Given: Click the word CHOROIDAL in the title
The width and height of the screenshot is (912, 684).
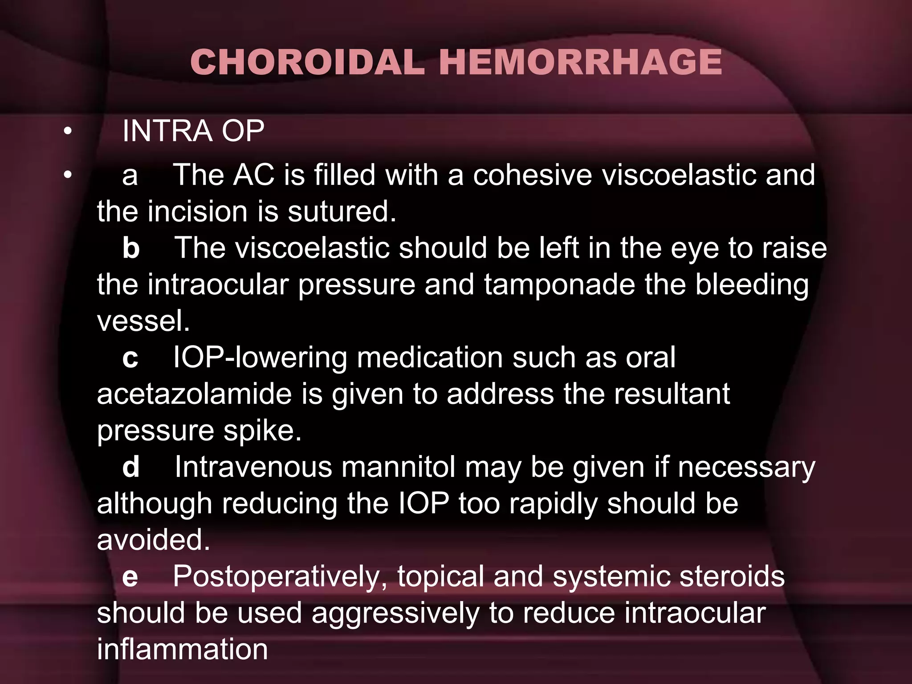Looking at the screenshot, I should [307, 62].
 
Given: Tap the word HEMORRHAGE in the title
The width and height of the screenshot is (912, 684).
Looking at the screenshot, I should [580, 62].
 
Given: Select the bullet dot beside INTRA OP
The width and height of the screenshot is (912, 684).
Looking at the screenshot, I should [67, 131].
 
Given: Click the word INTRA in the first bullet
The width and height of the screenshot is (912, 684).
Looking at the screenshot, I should [167, 131].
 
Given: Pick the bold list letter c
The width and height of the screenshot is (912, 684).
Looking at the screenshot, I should [130, 358].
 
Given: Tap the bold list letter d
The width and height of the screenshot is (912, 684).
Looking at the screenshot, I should [131, 467].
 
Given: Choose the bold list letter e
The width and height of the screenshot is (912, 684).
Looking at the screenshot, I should [130, 577].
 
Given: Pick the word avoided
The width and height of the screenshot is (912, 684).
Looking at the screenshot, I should [153, 540].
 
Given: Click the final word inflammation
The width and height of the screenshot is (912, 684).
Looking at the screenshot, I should [182, 650].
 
